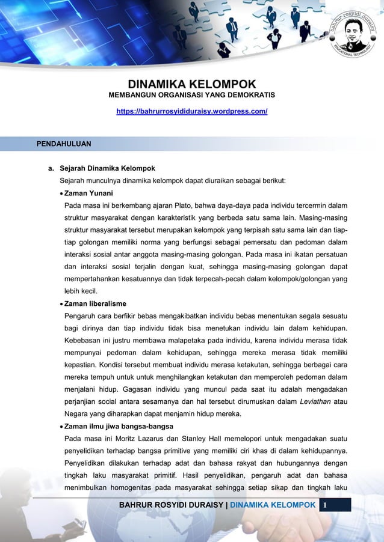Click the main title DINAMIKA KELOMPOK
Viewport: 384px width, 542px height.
[x=191, y=84]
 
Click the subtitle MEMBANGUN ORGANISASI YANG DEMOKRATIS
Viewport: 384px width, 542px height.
[x=191, y=96]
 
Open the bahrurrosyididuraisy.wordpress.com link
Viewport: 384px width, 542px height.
[x=191, y=112]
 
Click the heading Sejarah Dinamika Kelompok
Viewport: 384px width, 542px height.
[x=107, y=168]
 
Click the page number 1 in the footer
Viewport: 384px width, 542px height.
[x=325, y=505]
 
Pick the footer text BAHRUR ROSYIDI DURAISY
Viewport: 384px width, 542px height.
[x=170, y=505]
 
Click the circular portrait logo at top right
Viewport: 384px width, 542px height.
[x=349, y=37]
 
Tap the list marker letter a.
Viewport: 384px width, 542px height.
[x=51, y=168]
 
